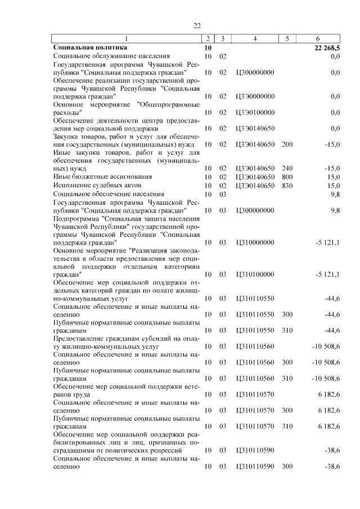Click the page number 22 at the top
pyautogui.click(x=197, y=25)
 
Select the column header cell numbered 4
pyautogui.click(x=255, y=39)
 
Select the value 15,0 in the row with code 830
pyautogui.click(x=334, y=185)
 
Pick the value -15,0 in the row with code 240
pyautogui.click(x=332, y=169)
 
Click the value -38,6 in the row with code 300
pyautogui.click(x=332, y=466)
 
